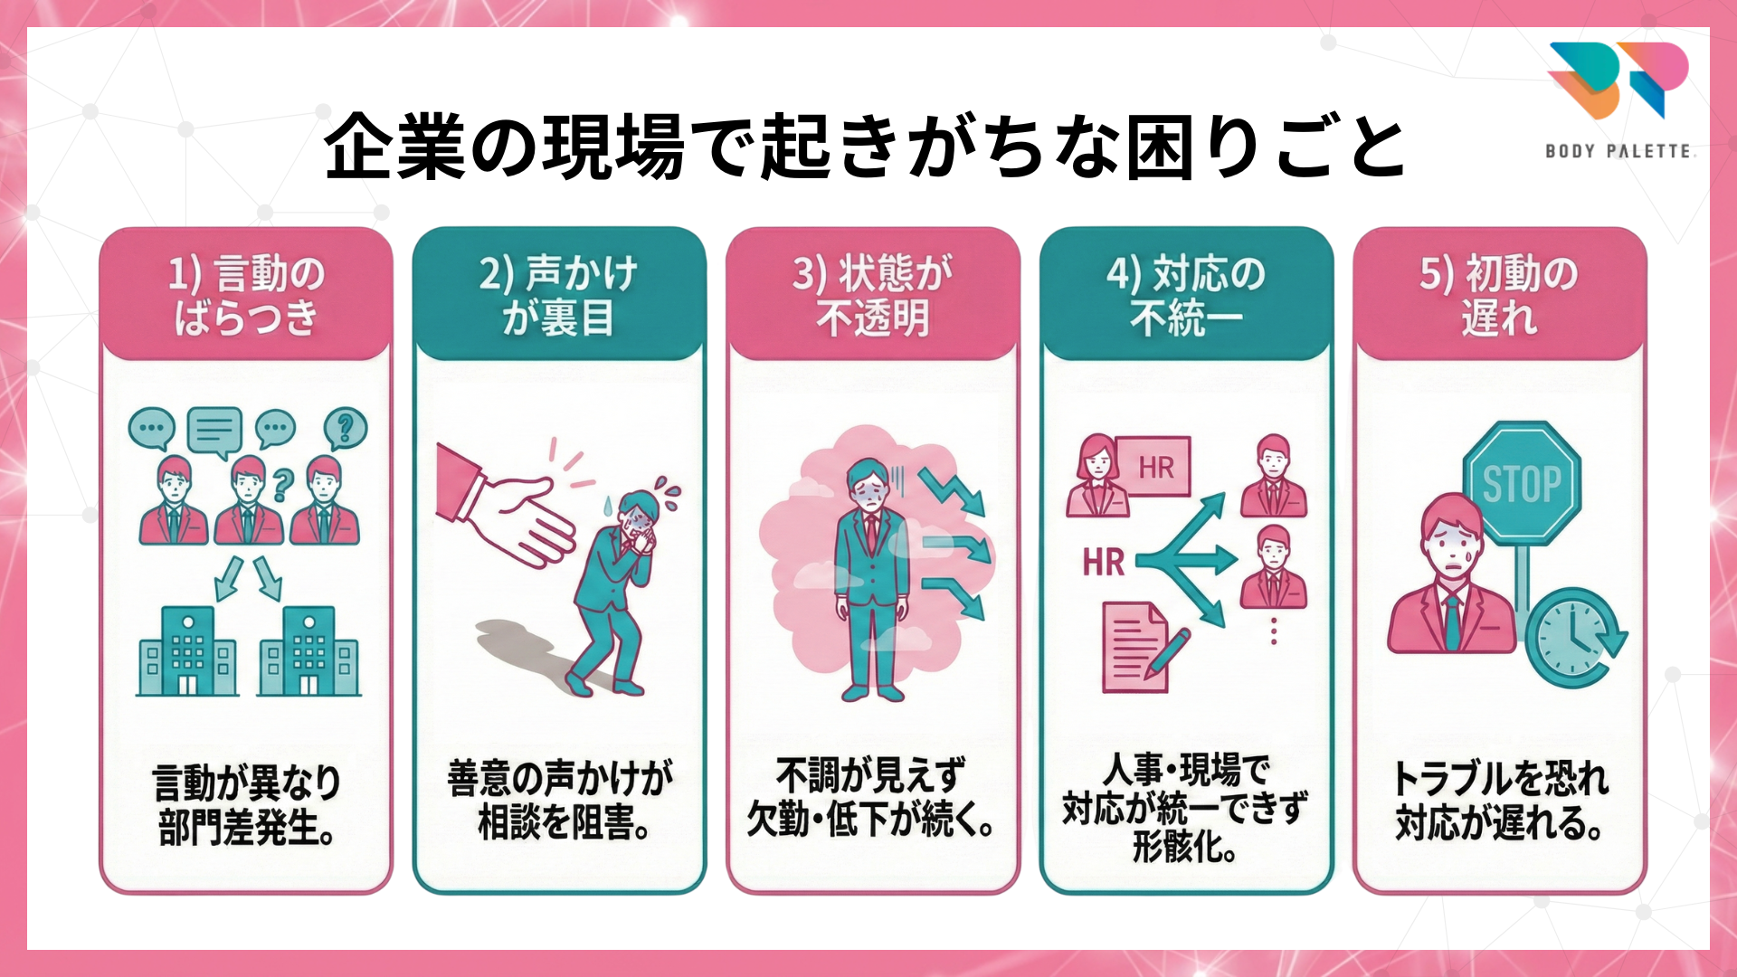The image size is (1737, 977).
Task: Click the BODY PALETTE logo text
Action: (x=1618, y=151)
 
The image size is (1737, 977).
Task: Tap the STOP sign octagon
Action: (x=1523, y=483)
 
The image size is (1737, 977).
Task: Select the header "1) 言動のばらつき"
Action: (x=246, y=295)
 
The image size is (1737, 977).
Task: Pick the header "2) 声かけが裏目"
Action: (x=559, y=295)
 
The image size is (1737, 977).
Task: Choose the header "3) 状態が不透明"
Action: (x=873, y=295)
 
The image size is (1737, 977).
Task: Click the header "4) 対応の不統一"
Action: (x=1186, y=295)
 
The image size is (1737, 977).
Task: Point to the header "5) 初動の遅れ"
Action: (x=1499, y=295)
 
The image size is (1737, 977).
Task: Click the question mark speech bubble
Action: (x=345, y=428)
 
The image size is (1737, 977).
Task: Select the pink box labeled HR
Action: (x=1154, y=467)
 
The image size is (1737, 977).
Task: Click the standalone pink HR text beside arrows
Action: (x=1104, y=563)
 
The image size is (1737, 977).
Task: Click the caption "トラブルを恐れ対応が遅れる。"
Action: (x=1499, y=801)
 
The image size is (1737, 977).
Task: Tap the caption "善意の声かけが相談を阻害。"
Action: (x=559, y=801)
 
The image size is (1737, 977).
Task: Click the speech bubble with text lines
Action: (x=214, y=430)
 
